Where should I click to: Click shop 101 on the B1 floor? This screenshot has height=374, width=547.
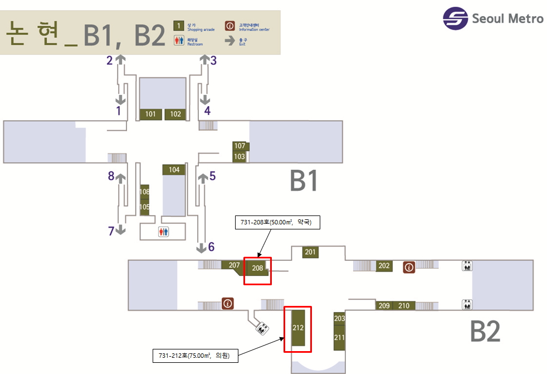(x=150, y=114)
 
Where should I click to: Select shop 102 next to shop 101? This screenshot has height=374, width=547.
(x=175, y=114)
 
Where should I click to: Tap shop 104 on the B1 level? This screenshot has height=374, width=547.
(x=174, y=170)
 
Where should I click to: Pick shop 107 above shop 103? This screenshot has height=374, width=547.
(x=240, y=146)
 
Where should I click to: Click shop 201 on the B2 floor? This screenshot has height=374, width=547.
(x=310, y=252)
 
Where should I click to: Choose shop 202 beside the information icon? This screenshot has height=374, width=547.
(x=384, y=266)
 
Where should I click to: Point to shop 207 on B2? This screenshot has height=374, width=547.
(x=233, y=266)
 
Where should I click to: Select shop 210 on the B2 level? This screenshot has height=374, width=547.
(x=404, y=305)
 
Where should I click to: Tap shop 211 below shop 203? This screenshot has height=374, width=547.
(x=340, y=338)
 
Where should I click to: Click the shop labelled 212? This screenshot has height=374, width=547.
(x=298, y=328)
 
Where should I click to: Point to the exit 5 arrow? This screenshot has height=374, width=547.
(x=201, y=178)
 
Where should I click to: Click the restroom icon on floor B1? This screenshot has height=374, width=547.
(x=163, y=231)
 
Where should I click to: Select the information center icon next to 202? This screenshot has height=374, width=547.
(x=409, y=267)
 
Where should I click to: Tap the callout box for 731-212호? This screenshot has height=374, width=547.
(x=195, y=355)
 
